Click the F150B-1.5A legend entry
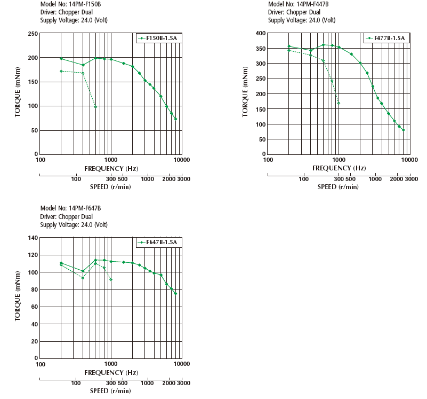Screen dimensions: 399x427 (x=157, y=38)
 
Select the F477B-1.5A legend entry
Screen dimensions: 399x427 (x=385, y=38)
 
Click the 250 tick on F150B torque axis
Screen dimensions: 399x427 (x=32, y=34)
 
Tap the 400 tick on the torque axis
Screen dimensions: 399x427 (x=260, y=33)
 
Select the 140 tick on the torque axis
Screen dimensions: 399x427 (x=32, y=238)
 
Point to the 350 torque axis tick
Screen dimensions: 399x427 (x=260, y=49)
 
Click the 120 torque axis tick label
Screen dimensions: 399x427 (x=32, y=255)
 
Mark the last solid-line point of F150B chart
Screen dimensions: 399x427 (x=175, y=119)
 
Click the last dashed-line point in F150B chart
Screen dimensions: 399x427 (x=95, y=107)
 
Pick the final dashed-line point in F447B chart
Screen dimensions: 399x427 (x=339, y=103)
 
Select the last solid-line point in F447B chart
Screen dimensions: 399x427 (x=404, y=130)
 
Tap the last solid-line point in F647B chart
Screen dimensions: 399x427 (x=175, y=293)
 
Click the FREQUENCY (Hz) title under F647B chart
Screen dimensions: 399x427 (x=111, y=372)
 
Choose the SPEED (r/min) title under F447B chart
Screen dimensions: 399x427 (x=338, y=187)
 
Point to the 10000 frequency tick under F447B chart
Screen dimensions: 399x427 (x=409, y=160)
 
